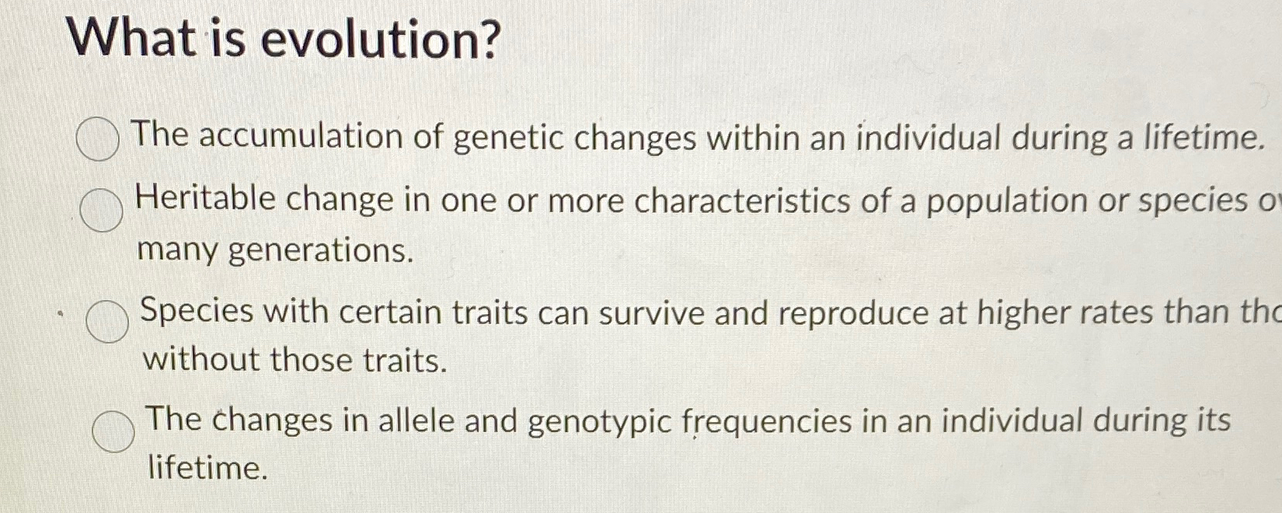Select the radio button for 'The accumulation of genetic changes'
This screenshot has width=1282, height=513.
click(x=98, y=139)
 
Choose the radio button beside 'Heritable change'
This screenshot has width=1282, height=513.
click(x=102, y=209)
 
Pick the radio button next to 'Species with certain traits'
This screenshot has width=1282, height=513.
click(x=107, y=321)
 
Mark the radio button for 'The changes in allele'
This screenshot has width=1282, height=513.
click(x=113, y=431)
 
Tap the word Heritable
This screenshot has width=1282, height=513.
click(x=206, y=199)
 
